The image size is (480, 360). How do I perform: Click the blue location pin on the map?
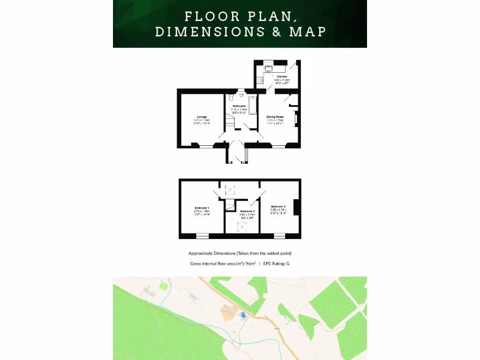(243, 315)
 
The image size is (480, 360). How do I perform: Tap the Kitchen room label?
(282, 76)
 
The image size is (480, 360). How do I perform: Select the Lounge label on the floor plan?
(202, 117)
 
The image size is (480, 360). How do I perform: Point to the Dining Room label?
(275, 117)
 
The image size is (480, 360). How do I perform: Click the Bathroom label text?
(240, 106)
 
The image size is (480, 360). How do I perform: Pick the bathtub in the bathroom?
(253, 105)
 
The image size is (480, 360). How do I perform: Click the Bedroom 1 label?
(202, 208)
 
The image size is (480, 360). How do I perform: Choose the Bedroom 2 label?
(278, 206)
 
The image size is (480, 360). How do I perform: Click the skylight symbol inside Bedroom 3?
(242, 226)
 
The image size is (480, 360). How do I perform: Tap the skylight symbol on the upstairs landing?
(230, 189)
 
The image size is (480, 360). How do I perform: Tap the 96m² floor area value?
(250, 263)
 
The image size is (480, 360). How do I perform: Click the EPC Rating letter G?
(288, 263)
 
